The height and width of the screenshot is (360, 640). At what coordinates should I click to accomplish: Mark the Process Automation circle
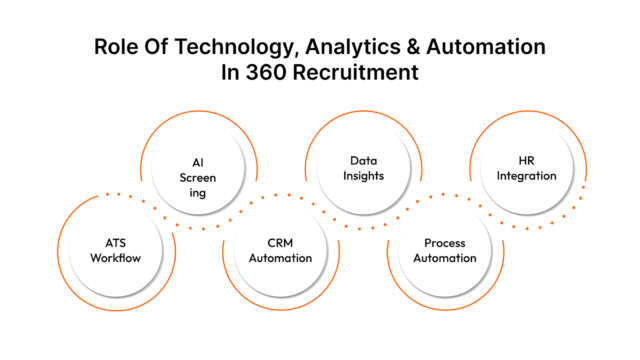click(x=445, y=249)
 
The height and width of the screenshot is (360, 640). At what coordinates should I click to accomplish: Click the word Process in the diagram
click(x=445, y=242)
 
